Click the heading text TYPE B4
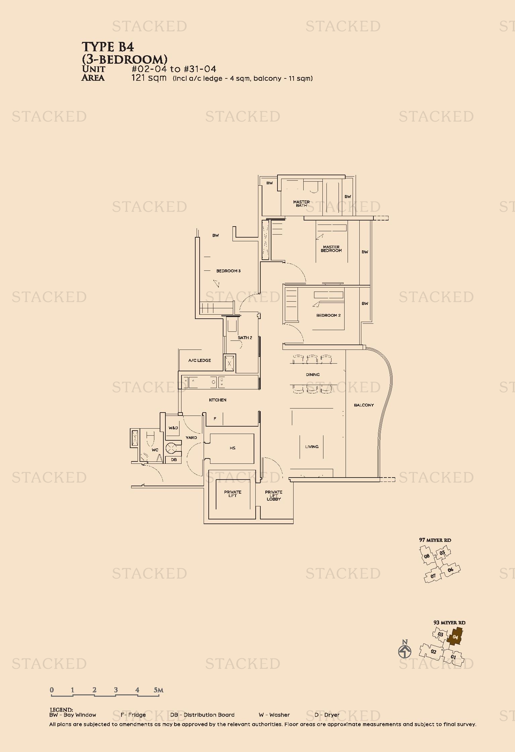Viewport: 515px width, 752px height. pyautogui.click(x=108, y=47)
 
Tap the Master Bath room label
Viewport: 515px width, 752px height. pyautogui.click(x=301, y=203)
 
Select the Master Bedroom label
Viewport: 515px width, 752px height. pyautogui.click(x=331, y=249)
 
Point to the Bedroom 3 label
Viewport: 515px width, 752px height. pyautogui.click(x=228, y=271)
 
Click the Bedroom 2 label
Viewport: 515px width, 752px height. pyautogui.click(x=328, y=315)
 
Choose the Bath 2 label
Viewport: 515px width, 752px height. pyautogui.click(x=245, y=338)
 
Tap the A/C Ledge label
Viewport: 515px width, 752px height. pyautogui.click(x=200, y=361)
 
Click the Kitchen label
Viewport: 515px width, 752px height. pyautogui.click(x=218, y=400)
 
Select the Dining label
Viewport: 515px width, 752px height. pyautogui.click(x=313, y=375)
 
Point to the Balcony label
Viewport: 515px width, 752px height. pyautogui.click(x=364, y=405)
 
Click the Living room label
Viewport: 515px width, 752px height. pyautogui.click(x=312, y=447)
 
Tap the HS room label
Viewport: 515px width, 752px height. pyautogui.click(x=233, y=448)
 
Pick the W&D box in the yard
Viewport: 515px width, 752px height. pyautogui.click(x=173, y=428)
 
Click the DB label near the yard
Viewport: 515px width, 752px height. pyautogui.click(x=174, y=460)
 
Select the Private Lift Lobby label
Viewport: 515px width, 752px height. pyautogui.click(x=274, y=496)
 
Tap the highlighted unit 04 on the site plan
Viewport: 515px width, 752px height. pyautogui.click(x=455, y=637)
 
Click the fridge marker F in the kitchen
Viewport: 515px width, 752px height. pyautogui.click(x=215, y=419)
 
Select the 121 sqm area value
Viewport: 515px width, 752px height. pyautogui.click(x=149, y=78)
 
